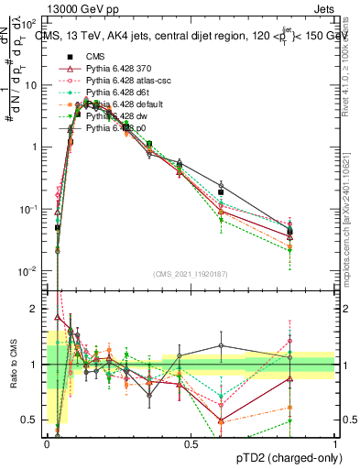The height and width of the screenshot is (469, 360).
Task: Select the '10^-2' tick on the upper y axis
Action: click(28, 271)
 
